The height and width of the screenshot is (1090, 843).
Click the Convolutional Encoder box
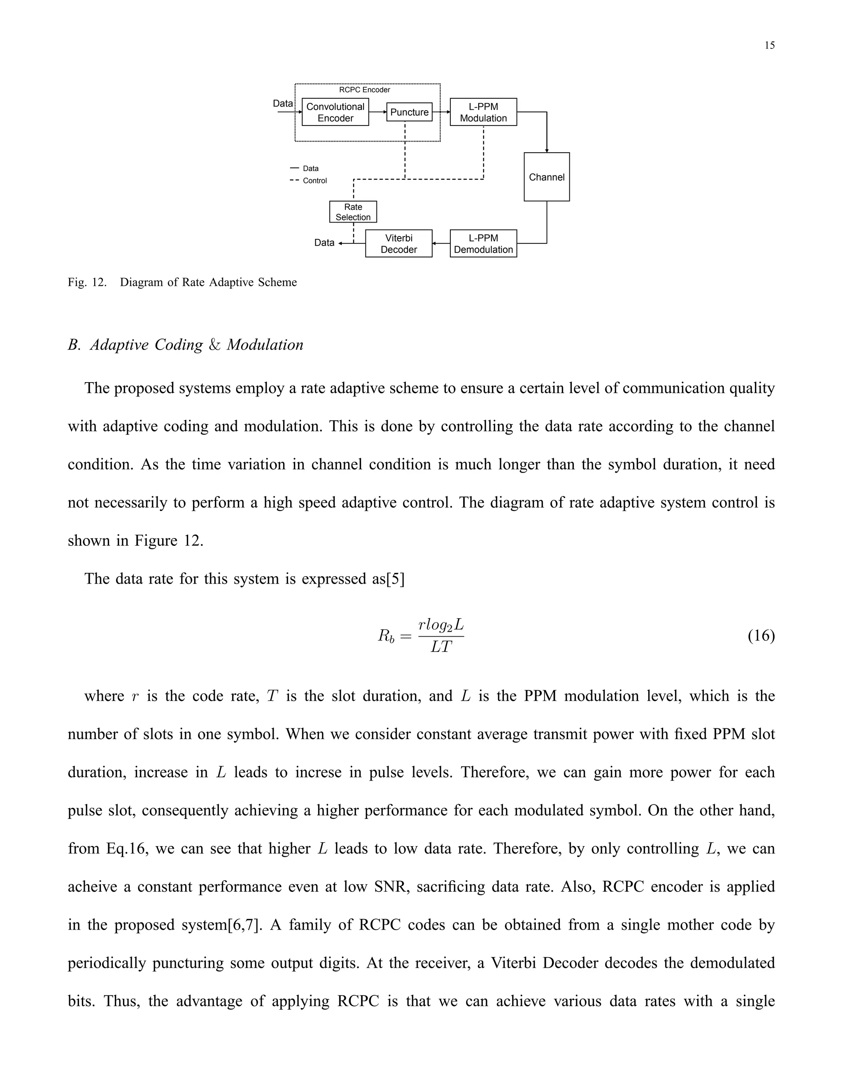[x=335, y=112]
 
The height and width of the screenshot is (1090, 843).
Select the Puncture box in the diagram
[x=409, y=112]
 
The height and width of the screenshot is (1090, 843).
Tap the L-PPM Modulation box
[x=483, y=112]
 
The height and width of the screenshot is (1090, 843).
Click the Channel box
[x=546, y=177]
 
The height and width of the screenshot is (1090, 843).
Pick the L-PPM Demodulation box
[x=483, y=244]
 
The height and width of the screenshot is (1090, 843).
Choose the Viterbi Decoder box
[x=398, y=244]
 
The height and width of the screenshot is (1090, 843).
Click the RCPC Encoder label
[x=365, y=90]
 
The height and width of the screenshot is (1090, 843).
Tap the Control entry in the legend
[x=314, y=181]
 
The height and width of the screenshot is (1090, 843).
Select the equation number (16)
[x=761, y=636]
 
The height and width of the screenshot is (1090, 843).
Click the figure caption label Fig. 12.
[x=87, y=283]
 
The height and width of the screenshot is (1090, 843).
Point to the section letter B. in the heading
[x=74, y=345]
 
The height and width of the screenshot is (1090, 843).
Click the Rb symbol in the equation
[x=386, y=636]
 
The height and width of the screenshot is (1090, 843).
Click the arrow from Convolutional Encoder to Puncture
[x=377, y=112]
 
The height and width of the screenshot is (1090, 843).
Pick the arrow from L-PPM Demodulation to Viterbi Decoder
[x=441, y=244]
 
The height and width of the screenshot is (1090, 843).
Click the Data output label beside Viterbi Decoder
[x=324, y=243]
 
